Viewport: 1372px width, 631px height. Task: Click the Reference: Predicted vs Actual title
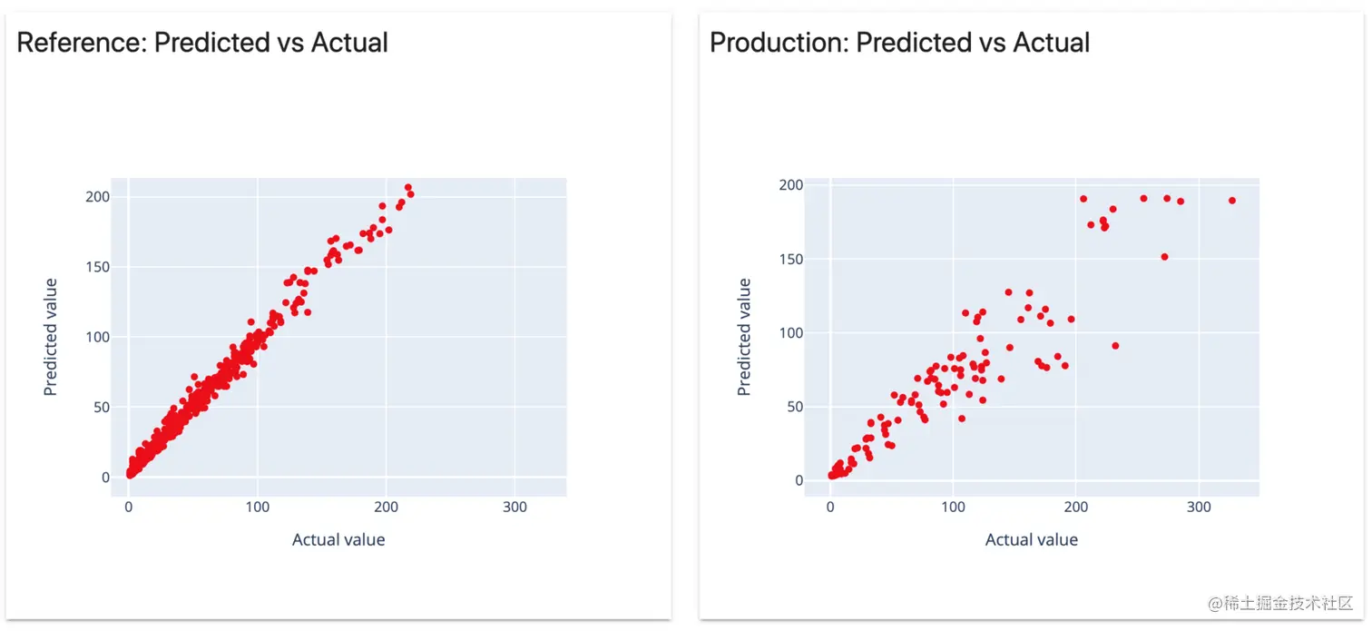pyautogui.click(x=202, y=43)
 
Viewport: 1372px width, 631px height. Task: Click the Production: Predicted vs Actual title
pyautogui.click(x=899, y=43)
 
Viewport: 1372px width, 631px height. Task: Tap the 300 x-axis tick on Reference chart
pyautogui.click(x=514, y=507)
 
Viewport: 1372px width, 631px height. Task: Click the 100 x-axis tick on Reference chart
pyautogui.click(x=258, y=507)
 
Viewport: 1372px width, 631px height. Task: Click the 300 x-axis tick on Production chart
pyautogui.click(x=1199, y=507)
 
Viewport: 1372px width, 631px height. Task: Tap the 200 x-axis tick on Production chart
pyautogui.click(x=1076, y=507)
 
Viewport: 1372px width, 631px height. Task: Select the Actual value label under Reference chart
pyautogui.click(x=338, y=540)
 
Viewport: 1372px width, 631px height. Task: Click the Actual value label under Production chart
pyautogui.click(x=1032, y=540)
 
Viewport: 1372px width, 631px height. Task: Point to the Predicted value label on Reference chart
pyautogui.click(x=51, y=337)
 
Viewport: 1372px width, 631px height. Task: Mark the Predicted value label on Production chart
pyautogui.click(x=744, y=337)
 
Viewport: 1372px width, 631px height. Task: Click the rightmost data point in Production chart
pyautogui.click(x=1232, y=201)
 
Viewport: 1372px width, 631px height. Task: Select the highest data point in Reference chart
pyautogui.click(x=408, y=188)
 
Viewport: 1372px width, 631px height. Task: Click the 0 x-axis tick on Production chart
pyautogui.click(x=830, y=507)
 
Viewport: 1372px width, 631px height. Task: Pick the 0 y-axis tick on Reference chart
pyautogui.click(x=105, y=477)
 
